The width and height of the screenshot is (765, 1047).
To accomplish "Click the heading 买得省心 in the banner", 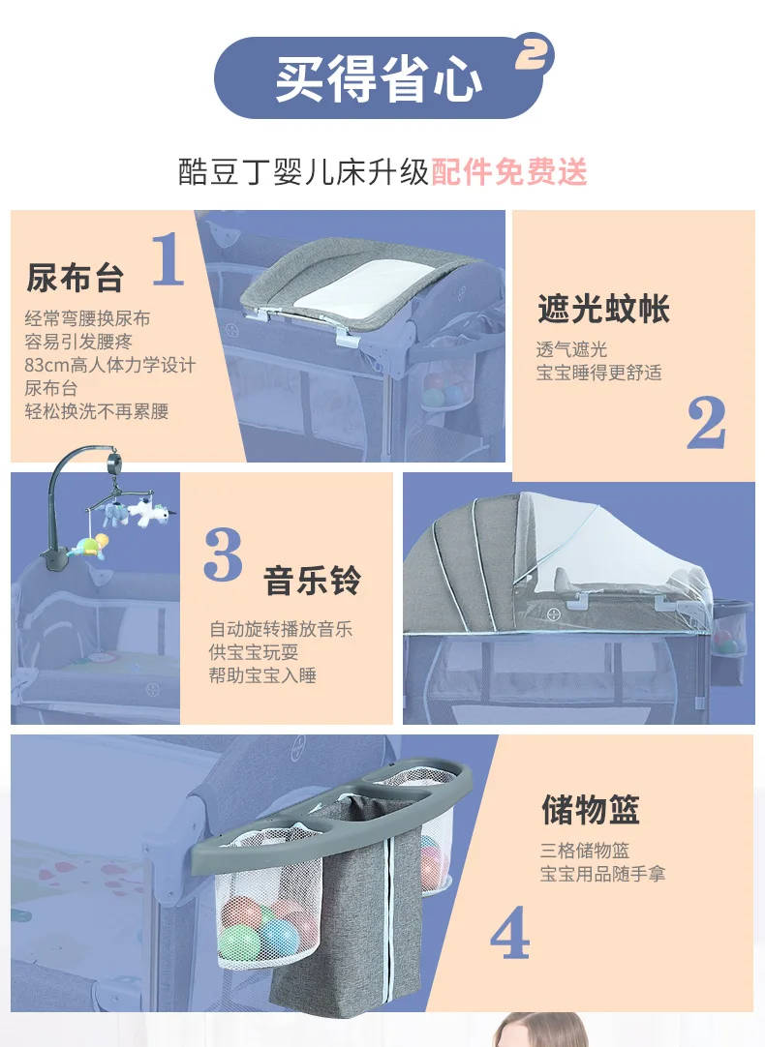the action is pos(379,78).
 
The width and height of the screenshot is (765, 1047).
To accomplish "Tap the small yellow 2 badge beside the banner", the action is pos(534,53).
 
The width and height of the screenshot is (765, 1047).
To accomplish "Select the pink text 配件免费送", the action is pos(509,171).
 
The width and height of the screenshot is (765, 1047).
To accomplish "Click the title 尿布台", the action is pos(75,278).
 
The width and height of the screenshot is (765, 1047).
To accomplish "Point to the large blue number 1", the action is pos(168,258).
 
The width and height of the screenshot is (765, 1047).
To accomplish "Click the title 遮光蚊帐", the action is pos(603,309).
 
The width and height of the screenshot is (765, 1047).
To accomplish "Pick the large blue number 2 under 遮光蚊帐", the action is pos(706,422).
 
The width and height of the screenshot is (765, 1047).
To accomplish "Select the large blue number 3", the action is pos(223,554).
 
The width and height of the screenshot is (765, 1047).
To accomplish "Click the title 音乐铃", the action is pos(312,580).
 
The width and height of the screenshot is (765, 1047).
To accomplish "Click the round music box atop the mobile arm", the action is pos(114,461).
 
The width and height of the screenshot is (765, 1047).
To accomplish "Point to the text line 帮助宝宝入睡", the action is pos(262,675).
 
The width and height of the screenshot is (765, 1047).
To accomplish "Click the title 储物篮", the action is pos(591,809).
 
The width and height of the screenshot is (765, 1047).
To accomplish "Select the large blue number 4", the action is pos(509,932).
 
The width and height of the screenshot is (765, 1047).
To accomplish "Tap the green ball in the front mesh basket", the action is pos(239,942).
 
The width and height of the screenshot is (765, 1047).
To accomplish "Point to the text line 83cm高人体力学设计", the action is pos(110,365).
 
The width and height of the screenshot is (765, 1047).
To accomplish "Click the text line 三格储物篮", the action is pos(585,850).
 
